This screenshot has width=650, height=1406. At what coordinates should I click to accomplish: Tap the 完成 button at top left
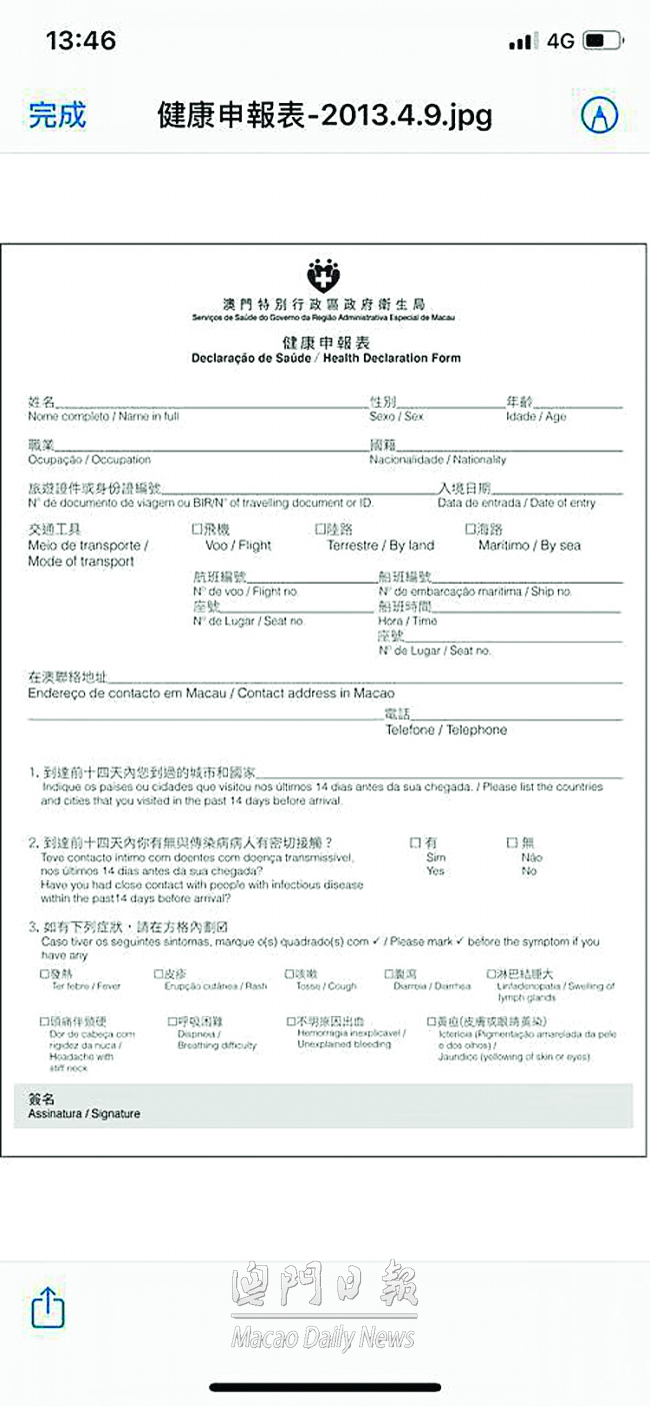57,115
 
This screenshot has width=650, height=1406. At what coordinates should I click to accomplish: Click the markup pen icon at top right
600,115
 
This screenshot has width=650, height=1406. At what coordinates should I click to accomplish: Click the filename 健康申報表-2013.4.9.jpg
325,115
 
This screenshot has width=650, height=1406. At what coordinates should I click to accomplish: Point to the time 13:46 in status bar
81,41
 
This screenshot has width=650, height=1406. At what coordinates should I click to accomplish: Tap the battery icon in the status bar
603,41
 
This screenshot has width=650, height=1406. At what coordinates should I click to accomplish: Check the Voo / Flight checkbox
197,530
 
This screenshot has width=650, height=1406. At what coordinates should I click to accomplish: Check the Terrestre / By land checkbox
320,530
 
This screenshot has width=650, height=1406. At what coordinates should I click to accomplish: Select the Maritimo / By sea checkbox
470,530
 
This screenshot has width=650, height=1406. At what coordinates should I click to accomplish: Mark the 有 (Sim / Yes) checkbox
416,843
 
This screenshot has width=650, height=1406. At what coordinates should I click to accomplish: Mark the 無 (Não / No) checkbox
513,843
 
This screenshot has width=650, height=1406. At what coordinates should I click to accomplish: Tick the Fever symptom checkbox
44,973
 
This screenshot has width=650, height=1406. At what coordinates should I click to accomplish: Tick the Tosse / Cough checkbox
289,973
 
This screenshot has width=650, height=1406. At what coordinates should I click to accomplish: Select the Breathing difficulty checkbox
172,1022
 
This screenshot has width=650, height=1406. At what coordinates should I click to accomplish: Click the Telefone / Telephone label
446,730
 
